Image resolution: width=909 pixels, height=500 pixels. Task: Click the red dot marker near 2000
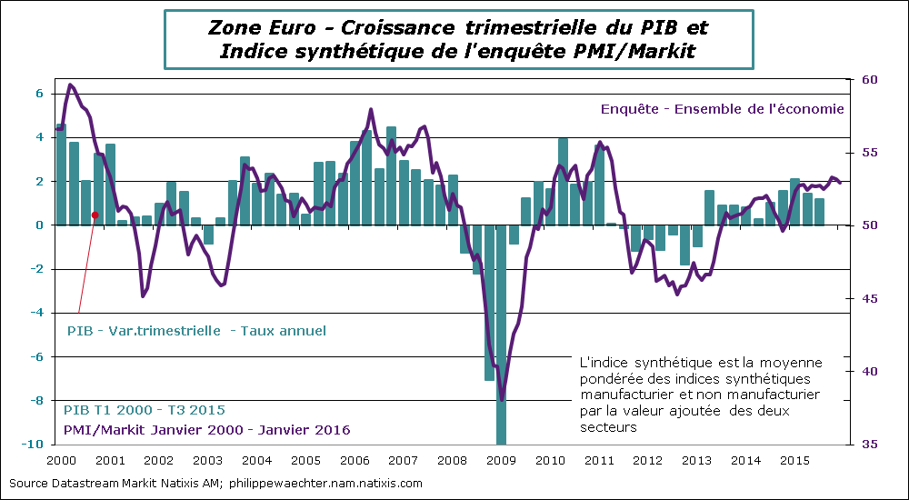[x=95, y=215]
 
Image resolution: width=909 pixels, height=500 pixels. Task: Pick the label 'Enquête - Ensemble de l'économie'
[x=723, y=108]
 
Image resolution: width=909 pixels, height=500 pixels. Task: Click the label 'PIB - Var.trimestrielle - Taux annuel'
[x=196, y=331]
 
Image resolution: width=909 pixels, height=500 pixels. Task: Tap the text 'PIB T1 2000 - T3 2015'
[x=145, y=410]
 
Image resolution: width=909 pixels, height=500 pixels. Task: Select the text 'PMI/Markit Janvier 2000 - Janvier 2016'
[x=206, y=429]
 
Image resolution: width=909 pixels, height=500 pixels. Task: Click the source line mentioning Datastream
[x=215, y=484]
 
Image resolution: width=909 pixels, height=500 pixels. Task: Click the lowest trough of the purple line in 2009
[x=502, y=398]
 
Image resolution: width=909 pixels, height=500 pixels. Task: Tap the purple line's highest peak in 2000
[x=71, y=85]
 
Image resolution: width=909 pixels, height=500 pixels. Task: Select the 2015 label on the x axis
[x=796, y=461]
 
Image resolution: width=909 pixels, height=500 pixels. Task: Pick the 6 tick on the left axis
[x=39, y=94]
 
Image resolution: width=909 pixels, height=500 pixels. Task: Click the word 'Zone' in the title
[x=233, y=27]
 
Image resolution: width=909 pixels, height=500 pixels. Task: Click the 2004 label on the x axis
[x=256, y=461]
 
